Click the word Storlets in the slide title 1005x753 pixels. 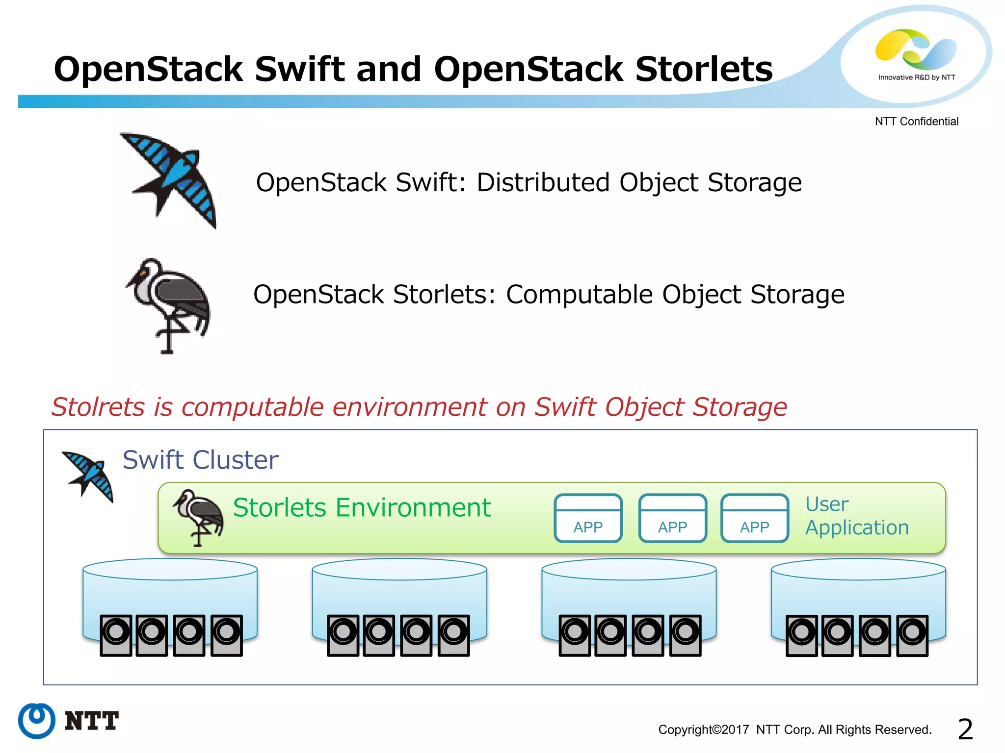point(704,69)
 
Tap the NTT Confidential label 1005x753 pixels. point(916,121)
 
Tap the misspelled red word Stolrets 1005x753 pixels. point(98,407)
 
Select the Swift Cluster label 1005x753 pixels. point(200,460)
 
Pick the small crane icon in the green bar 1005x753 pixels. point(199,516)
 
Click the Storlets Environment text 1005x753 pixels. point(362,507)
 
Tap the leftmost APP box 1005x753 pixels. point(588,518)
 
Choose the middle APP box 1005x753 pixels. point(672,518)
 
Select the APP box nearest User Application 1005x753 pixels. point(754,518)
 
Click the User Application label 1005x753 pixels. point(856,516)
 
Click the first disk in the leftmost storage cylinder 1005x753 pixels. point(116,635)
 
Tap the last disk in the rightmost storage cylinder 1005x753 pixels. point(912,635)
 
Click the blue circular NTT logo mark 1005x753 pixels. point(37,721)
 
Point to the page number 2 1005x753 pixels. point(965,729)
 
